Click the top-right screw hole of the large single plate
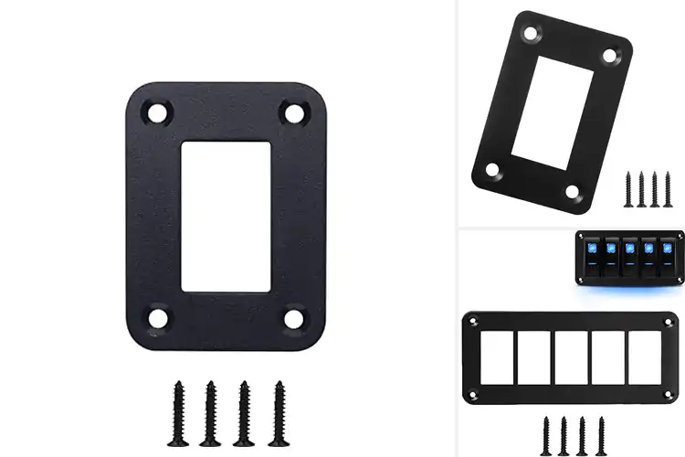click(294, 113)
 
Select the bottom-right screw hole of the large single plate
click(294, 319)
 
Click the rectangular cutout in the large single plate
click(226, 216)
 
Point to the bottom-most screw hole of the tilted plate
click(572, 192)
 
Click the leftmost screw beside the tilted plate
click(629, 187)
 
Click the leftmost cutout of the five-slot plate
click(498, 357)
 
